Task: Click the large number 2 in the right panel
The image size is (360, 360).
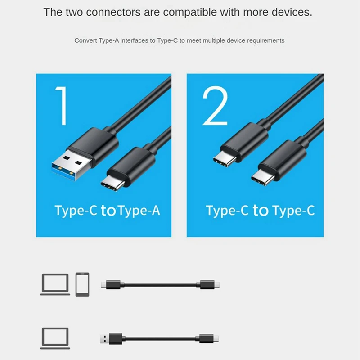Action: [215, 106]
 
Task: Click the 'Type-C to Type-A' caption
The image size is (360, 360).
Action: [107, 210]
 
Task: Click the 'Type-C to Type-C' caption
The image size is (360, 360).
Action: [260, 210]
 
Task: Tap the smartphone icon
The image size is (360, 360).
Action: [82, 284]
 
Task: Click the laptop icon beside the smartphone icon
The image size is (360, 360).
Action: [55, 284]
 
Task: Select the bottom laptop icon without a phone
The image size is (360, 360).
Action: [55, 338]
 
